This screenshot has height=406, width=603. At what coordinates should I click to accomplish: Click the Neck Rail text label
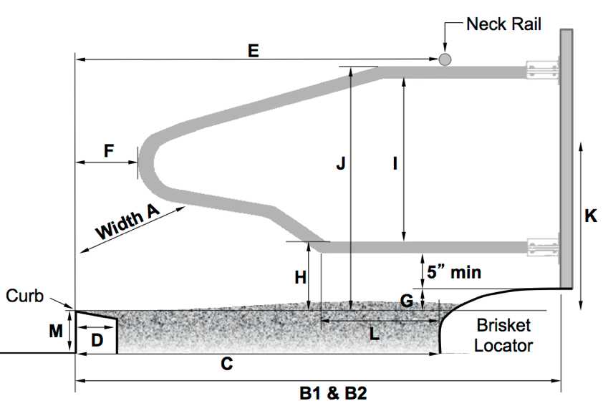click(503, 24)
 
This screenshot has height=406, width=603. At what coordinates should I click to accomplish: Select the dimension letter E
click(253, 51)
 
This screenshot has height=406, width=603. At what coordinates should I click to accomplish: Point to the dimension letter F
click(109, 151)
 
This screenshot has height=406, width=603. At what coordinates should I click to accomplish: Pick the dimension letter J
click(340, 164)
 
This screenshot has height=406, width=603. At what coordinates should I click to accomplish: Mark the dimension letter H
click(301, 276)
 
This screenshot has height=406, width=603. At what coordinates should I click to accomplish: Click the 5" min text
click(454, 272)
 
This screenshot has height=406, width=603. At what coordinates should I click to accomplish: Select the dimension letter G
click(407, 301)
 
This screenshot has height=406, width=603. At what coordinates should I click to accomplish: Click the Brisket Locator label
click(503, 336)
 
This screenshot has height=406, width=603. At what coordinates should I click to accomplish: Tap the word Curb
click(25, 295)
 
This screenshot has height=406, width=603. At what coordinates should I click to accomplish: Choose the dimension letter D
click(97, 340)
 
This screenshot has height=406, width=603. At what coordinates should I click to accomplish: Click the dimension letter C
click(226, 364)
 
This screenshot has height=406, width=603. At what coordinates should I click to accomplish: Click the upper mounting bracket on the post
click(542, 70)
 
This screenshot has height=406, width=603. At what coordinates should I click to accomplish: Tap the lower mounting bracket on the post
click(542, 248)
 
